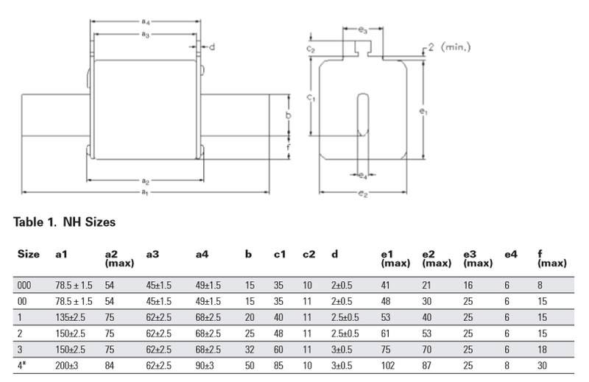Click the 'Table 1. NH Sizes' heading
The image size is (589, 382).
tap(65, 221)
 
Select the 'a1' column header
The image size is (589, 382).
tap(63, 255)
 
